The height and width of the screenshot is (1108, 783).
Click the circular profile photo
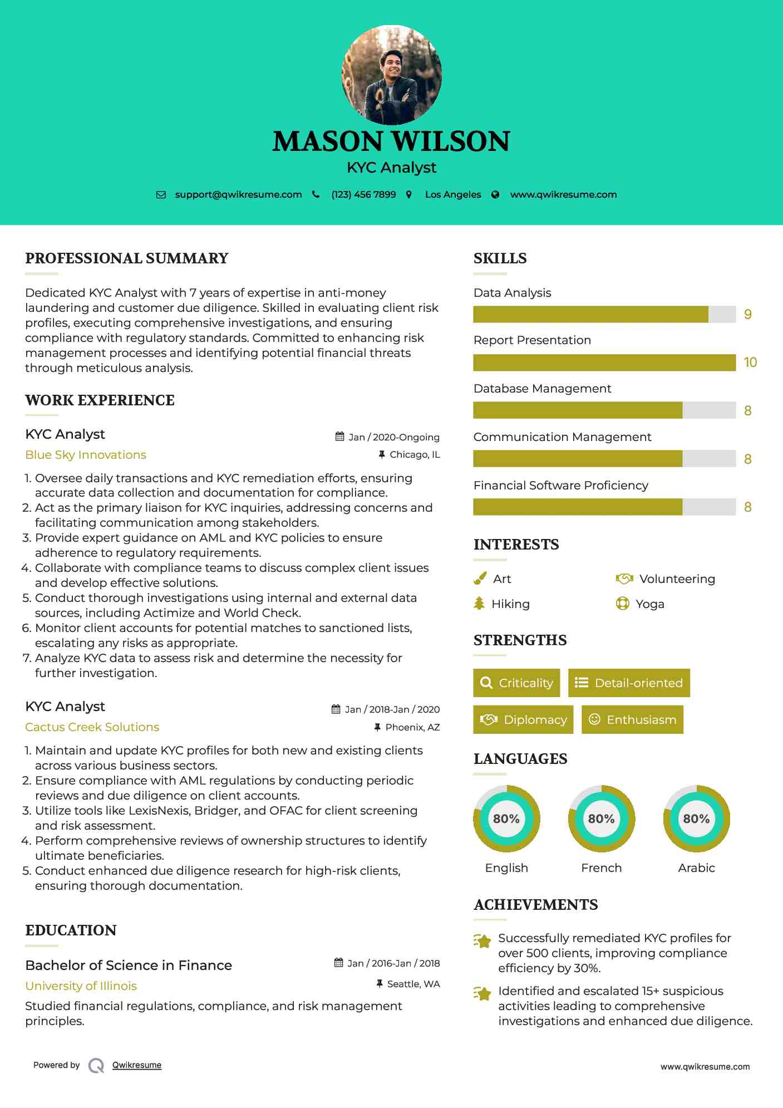pos(392,75)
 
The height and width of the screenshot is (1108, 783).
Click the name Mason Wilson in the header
pos(391,141)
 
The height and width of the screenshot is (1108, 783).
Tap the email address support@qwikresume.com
pos(238,194)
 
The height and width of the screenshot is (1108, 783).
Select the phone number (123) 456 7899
pos(363,194)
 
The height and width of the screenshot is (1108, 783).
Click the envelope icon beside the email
pos(161,194)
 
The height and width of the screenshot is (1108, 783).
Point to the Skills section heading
pos(500,258)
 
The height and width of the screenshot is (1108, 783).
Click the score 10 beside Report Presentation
pos(750,362)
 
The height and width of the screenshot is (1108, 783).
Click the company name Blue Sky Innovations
pos(86,455)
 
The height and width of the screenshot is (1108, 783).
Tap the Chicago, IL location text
pos(415,455)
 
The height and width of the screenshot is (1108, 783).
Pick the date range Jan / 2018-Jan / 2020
pos(392,709)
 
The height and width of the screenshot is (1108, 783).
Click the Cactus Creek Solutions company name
pos(92,727)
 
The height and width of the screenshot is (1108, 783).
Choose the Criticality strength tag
pos(516,683)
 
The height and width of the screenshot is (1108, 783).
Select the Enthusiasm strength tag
pos(632,720)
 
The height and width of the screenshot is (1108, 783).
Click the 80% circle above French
pos(601,818)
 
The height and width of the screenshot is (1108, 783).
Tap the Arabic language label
pos(696,868)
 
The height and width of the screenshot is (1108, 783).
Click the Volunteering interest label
pos(677,579)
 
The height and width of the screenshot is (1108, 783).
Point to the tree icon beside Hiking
pos(479,604)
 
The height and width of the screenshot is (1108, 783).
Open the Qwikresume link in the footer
pos(137,1065)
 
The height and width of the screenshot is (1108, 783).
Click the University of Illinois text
pos(81,986)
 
